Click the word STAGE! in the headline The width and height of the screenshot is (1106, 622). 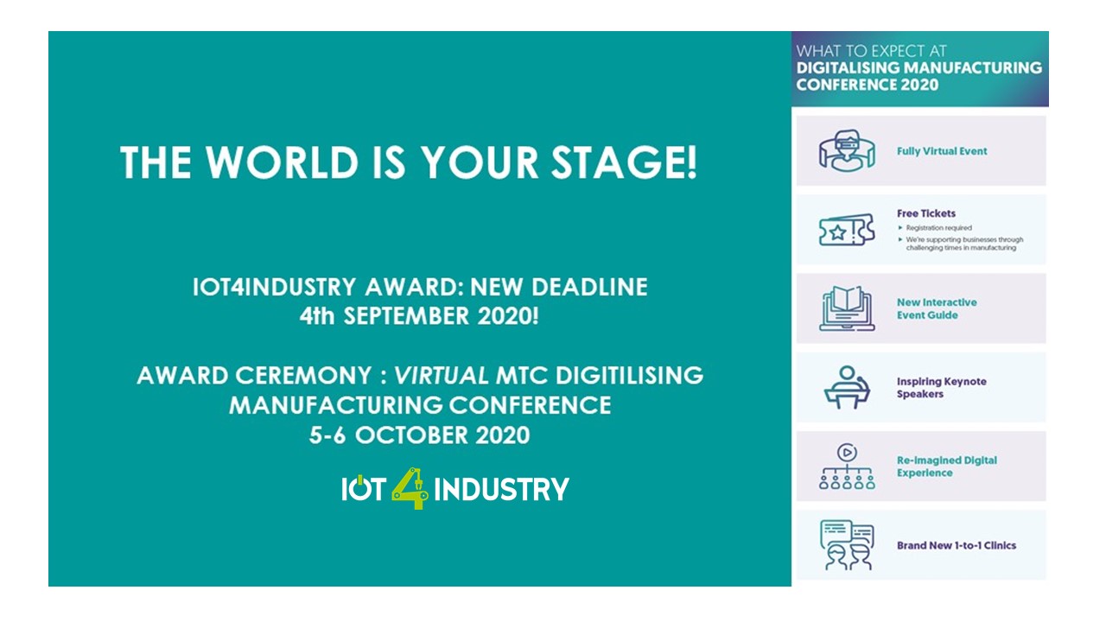624,162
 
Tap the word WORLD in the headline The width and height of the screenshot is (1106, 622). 282,162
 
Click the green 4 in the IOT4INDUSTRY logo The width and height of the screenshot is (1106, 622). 410,488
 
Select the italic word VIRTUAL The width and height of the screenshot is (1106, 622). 441,376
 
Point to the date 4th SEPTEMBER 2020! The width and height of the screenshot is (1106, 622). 419,316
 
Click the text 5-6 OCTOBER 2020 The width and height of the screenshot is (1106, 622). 420,435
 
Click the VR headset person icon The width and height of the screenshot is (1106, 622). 847,150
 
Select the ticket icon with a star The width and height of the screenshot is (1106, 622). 847,230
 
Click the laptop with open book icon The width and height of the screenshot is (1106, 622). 847,308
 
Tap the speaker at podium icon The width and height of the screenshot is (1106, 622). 847,388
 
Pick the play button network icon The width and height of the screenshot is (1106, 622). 847,466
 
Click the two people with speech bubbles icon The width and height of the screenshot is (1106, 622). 847,545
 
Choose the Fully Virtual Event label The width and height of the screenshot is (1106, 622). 942,151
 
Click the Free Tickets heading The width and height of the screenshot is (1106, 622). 925,213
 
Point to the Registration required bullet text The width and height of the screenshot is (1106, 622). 938,227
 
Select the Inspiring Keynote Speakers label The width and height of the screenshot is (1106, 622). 942,388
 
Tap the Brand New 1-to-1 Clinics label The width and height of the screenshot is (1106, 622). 957,545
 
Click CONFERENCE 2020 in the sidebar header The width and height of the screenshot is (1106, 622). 867,85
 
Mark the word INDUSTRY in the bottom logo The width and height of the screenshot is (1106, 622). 502,489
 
